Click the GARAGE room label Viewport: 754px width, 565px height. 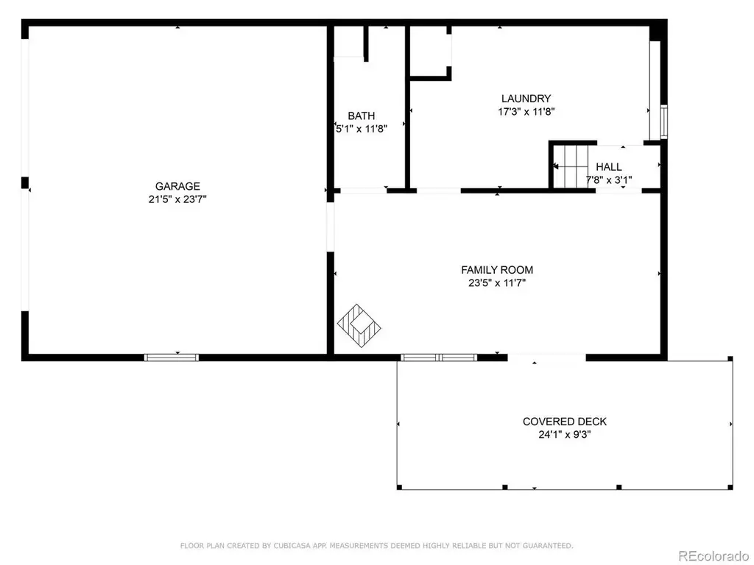[x=177, y=186]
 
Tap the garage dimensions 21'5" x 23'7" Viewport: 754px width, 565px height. [x=177, y=199]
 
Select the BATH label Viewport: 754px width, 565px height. [x=361, y=116]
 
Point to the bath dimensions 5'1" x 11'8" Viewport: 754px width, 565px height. [x=361, y=129]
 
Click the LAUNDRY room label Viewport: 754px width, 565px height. [x=526, y=99]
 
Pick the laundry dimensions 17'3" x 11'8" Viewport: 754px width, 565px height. [x=526, y=112]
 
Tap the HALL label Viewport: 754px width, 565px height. [x=609, y=167]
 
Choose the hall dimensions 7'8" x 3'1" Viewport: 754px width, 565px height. [x=609, y=180]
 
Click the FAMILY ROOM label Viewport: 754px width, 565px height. [x=497, y=270]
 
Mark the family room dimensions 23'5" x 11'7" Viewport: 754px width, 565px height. [x=497, y=283]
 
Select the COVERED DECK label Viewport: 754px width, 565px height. [x=565, y=422]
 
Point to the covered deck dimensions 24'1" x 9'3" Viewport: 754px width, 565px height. [x=565, y=435]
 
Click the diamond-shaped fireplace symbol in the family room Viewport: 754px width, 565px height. [x=359, y=326]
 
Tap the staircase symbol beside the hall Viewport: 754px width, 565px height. [x=571, y=166]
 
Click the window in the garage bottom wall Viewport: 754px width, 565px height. [x=172, y=358]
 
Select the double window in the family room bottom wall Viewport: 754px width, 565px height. [x=439, y=358]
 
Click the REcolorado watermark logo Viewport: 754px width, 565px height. [x=713, y=556]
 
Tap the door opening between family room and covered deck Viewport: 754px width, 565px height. [x=547, y=358]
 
